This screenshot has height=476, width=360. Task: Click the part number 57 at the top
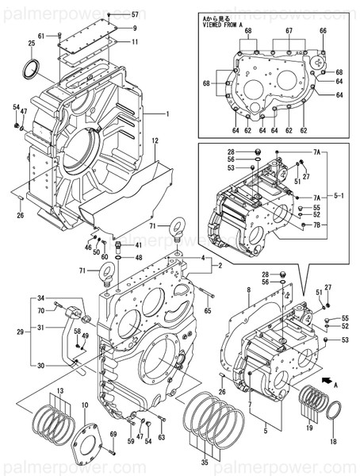[x=134, y=15]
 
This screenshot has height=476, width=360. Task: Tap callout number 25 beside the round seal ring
[x=31, y=44]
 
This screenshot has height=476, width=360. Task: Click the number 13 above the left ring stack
[x=59, y=392]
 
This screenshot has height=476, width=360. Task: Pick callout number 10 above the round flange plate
[x=84, y=405]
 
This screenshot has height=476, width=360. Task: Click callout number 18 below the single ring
[x=332, y=440]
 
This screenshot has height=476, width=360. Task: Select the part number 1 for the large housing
[x=168, y=114]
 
